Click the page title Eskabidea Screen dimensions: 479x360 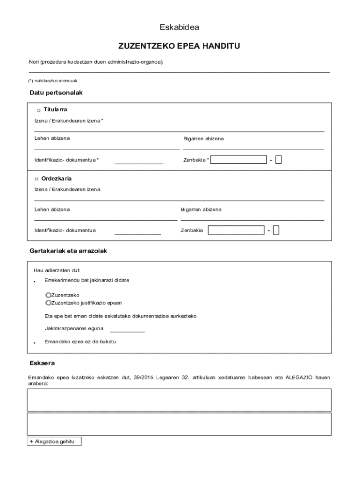point(180,27)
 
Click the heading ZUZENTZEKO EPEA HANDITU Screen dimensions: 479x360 point(180,47)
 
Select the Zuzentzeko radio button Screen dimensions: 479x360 point(48,295)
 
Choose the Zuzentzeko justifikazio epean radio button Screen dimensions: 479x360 point(48,303)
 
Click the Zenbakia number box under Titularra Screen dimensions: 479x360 point(239,160)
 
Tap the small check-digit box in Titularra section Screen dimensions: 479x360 point(279,160)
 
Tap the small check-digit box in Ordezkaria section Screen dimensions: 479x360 point(276,230)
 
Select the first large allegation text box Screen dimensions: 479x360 point(180,399)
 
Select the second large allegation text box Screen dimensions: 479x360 point(180,424)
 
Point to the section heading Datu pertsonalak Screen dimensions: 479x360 point(56,93)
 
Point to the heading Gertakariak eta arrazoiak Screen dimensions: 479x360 point(68,251)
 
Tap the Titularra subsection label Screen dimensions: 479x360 point(55,109)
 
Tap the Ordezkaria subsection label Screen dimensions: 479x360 point(56,179)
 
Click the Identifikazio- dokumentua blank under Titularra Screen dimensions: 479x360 point(139,161)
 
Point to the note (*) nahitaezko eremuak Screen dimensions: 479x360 point(53,81)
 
